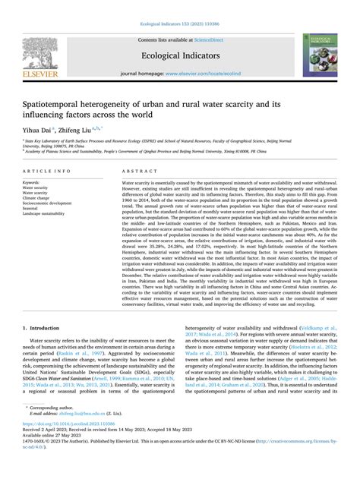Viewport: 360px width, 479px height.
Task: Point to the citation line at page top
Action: coord(179,6)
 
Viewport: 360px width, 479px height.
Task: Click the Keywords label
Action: coord(32,183)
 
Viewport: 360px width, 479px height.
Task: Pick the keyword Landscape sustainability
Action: coord(50,214)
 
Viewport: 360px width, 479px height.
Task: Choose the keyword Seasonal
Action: coord(33,209)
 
